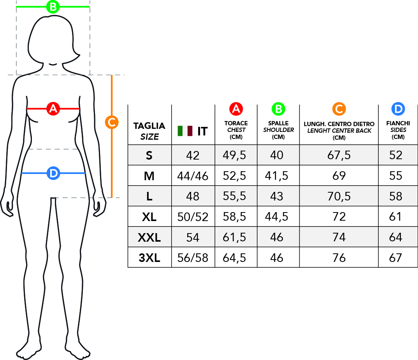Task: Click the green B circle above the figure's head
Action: pyautogui.click(x=53, y=7)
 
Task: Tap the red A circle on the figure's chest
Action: pyautogui.click(x=53, y=109)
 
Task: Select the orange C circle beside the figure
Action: pyautogui.click(x=112, y=122)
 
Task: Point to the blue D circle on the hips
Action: pyautogui.click(x=53, y=173)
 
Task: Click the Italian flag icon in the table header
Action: pyautogui.click(x=185, y=131)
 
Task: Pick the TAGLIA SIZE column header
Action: pyautogui.click(x=149, y=131)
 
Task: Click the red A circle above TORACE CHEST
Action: pyautogui.click(x=236, y=109)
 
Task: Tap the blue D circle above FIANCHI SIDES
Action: pyautogui.click(x=398, y=109)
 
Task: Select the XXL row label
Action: pyautogui.click(x=149, y=237)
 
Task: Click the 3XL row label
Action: pyautogui.click(x=149, y=258)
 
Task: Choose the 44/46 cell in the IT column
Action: pyautogui.click(x=193, y=176)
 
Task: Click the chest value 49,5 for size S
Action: pyautogui.click(x=234, y=155)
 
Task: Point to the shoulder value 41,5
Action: pyautogui.click(x=276, y=176)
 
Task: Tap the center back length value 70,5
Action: pyautogui.click(x=339, y=197)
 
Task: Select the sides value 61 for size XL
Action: pyautogui.click(x=395, y=216)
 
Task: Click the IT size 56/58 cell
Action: pyautogui.click(x=193, y=258)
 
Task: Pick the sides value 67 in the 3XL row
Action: pyautogui.click(x=395, y=258)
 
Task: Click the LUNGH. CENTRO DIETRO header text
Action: pyautogui.click(x=339, y=124)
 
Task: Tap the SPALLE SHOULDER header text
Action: pyautogui.click(x=278, y=126)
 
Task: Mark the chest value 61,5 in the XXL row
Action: pyautogui.click(x=234, y=237)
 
